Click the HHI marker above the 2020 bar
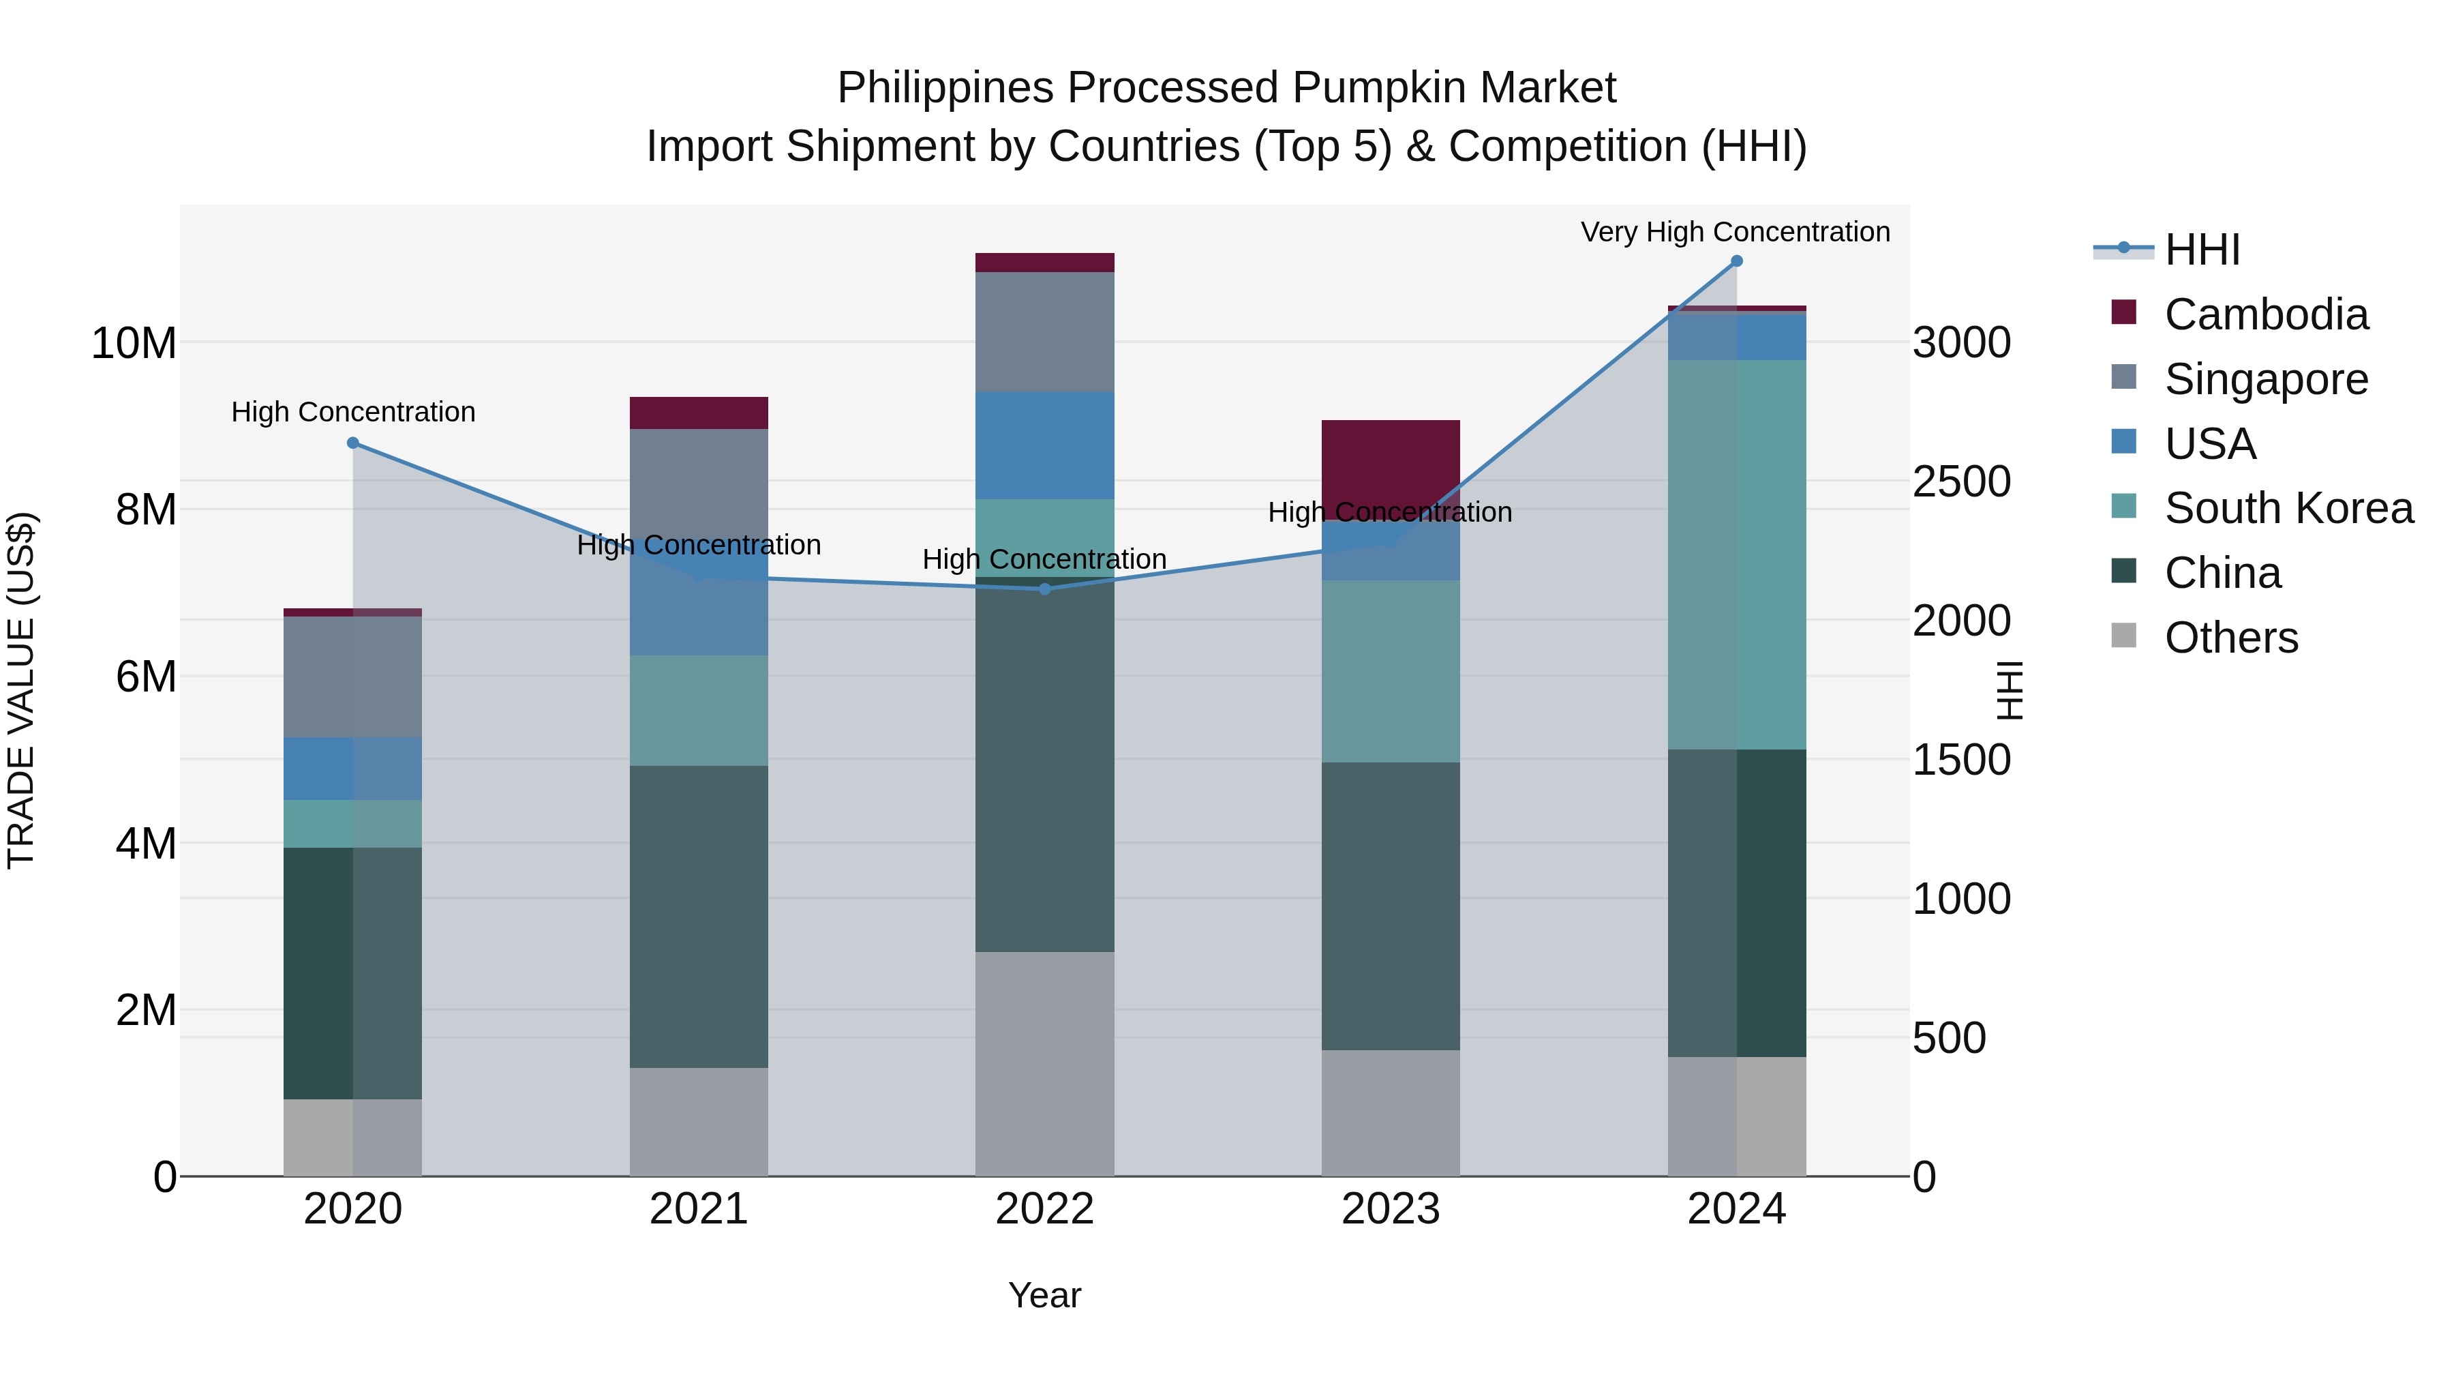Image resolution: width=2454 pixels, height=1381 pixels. click(x=352, y=443)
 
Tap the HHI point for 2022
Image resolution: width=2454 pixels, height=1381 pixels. click(x=1044, y=589)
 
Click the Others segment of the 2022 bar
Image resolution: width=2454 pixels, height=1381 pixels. click(x=1044, y=1063)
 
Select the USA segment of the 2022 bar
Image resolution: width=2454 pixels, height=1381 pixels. click(x=1044, y=445)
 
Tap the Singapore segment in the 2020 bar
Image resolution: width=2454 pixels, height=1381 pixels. click(x=352, y=677)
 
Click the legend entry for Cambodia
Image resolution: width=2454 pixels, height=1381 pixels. click(x=2265, y=314)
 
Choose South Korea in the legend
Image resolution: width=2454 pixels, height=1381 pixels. click(x=2288, y=508)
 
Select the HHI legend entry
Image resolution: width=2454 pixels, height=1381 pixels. click(x=2202, y=250)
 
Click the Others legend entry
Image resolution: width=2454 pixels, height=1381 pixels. click(x=2230, y=638)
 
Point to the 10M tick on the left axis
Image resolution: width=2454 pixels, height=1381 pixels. click(x=134, y=343)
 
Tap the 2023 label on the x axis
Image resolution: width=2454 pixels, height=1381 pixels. click(x=1390, y=1209)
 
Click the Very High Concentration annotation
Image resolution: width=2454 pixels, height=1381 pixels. click(x=1735, y=232)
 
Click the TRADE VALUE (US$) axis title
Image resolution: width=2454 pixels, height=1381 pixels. click(x=21, y=690)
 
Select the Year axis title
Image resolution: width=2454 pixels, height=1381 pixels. click(x=1044, y=1295)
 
